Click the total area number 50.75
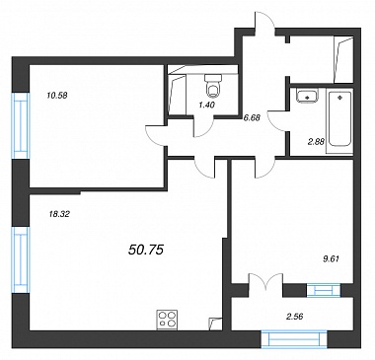(x=145, y=251)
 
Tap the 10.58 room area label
(x=57, y=96)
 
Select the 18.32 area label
(x=59, y=214)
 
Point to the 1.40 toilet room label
(x=206, y=106)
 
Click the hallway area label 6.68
(x=252, y=117)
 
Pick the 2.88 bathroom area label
(x=317, y=142)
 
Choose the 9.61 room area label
(x=331, y=259)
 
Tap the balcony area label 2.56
(x=295, y=317)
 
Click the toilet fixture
(x=213, y=86)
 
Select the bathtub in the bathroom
(x=339, y=118)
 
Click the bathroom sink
(x=307, y=96)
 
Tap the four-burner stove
(x=167, y=320)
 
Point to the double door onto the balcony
(x=265, y=281)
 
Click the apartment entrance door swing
(x=264, y=21)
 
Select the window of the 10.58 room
(x=21, y=125)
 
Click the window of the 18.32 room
(x=21, y=259)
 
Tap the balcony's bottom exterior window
(x=294, y=339)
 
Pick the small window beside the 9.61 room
(x=324, y=290)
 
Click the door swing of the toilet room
(x=203, y=126)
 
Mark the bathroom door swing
(x=277, y=121)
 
